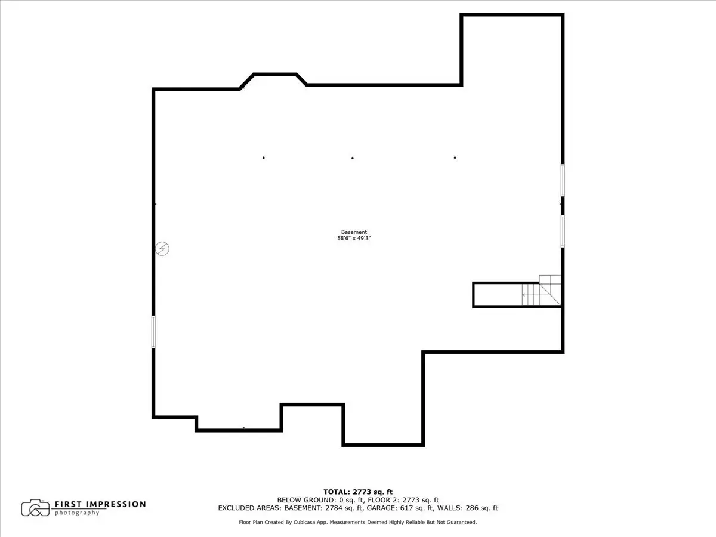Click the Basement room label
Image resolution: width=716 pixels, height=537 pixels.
(354, 232)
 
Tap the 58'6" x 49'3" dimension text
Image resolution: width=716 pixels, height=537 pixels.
(354, 238)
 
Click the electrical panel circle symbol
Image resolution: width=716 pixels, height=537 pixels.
(162, 249)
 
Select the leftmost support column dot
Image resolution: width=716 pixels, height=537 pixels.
(264, 158)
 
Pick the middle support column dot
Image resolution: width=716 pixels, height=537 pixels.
(353, 158)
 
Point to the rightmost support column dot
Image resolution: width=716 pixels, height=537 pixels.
(455, 158)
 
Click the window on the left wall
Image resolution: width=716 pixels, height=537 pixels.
(153, 332)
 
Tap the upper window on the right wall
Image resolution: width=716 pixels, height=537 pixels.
(563, 180)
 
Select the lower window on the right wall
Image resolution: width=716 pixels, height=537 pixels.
(563, 231)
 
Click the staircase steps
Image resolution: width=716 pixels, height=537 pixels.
(541, 291)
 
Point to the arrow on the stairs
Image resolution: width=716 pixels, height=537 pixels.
(530, 295)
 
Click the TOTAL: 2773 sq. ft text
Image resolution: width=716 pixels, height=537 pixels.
(358, 492)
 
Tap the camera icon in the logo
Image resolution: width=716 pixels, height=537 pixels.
(36, 508)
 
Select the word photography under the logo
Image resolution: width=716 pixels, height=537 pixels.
(77, 513)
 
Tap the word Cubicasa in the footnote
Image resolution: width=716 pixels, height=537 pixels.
(304, 522)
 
